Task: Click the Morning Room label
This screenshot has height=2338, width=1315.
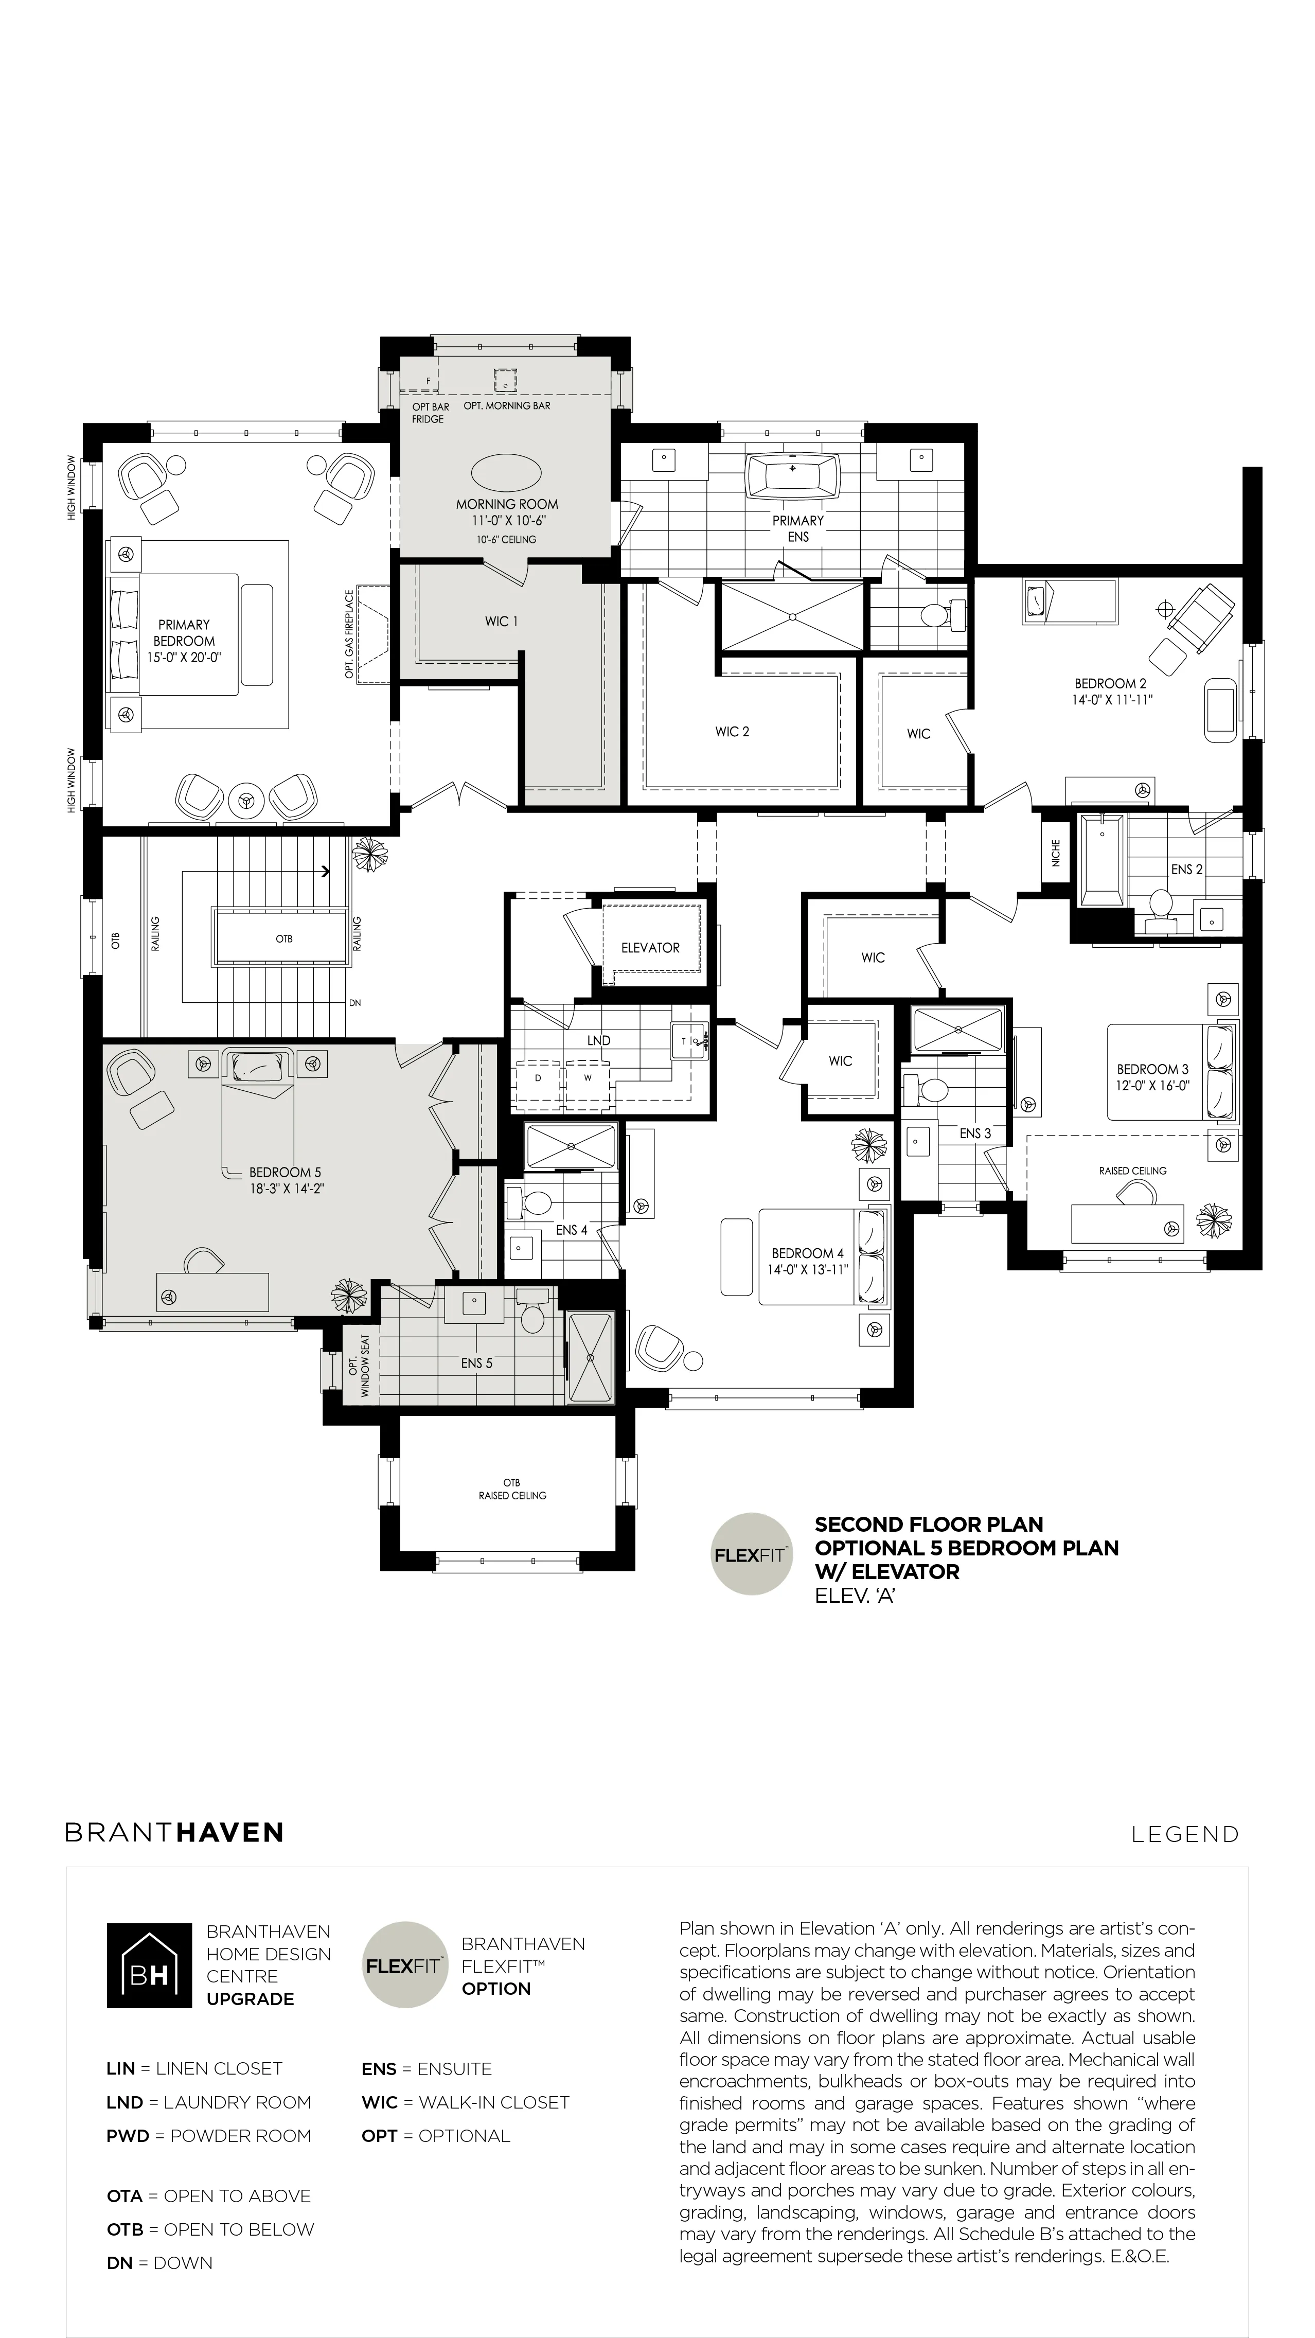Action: [506, 504]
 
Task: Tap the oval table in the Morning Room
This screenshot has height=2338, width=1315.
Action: [506, 472]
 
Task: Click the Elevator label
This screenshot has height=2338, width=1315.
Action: [650, 948]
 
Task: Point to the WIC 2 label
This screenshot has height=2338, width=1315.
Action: [733, 732]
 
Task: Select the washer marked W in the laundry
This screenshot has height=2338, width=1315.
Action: [587, 1079]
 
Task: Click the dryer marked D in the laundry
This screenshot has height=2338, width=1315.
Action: [538, 1079]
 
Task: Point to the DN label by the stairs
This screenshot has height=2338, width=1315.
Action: [356, 1003]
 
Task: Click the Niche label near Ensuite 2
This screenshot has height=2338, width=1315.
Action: [1056, 853]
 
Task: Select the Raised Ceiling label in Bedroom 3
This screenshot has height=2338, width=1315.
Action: [1132, 1171]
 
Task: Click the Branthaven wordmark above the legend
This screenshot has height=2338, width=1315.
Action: [174, 1832]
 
